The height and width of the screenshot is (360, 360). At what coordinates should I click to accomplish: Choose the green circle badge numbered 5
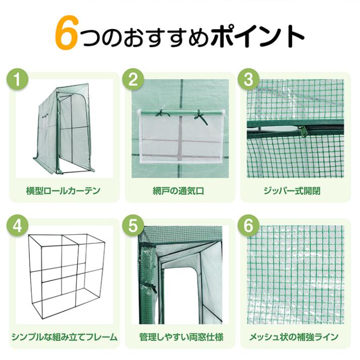pyautogui.click(x=134, y=227)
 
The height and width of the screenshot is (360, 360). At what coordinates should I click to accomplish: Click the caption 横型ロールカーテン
pyautogui.click(x=63, y=191)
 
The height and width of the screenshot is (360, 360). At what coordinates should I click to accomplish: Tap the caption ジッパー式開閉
pyautogui.click(x=292, y=191)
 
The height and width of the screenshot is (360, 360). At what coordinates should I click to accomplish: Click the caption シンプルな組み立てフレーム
pyautogui.click(x=63, y=336)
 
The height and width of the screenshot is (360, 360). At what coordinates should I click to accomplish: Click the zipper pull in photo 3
pyautogui.click(x=305, y=131)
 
